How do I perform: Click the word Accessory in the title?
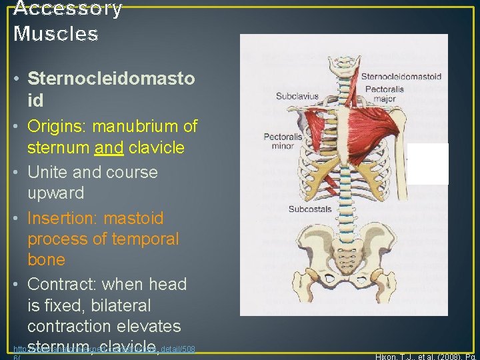click(68, 9)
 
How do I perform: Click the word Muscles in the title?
click(55, 33)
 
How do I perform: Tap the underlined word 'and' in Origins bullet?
click(105, 147)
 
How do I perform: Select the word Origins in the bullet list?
click(57, 126)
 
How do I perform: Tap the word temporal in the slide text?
click(146, 239)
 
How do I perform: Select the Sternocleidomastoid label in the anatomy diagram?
click(401, 76)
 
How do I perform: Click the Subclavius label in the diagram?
click(298, 97)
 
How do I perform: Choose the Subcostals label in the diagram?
click(310, 209)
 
